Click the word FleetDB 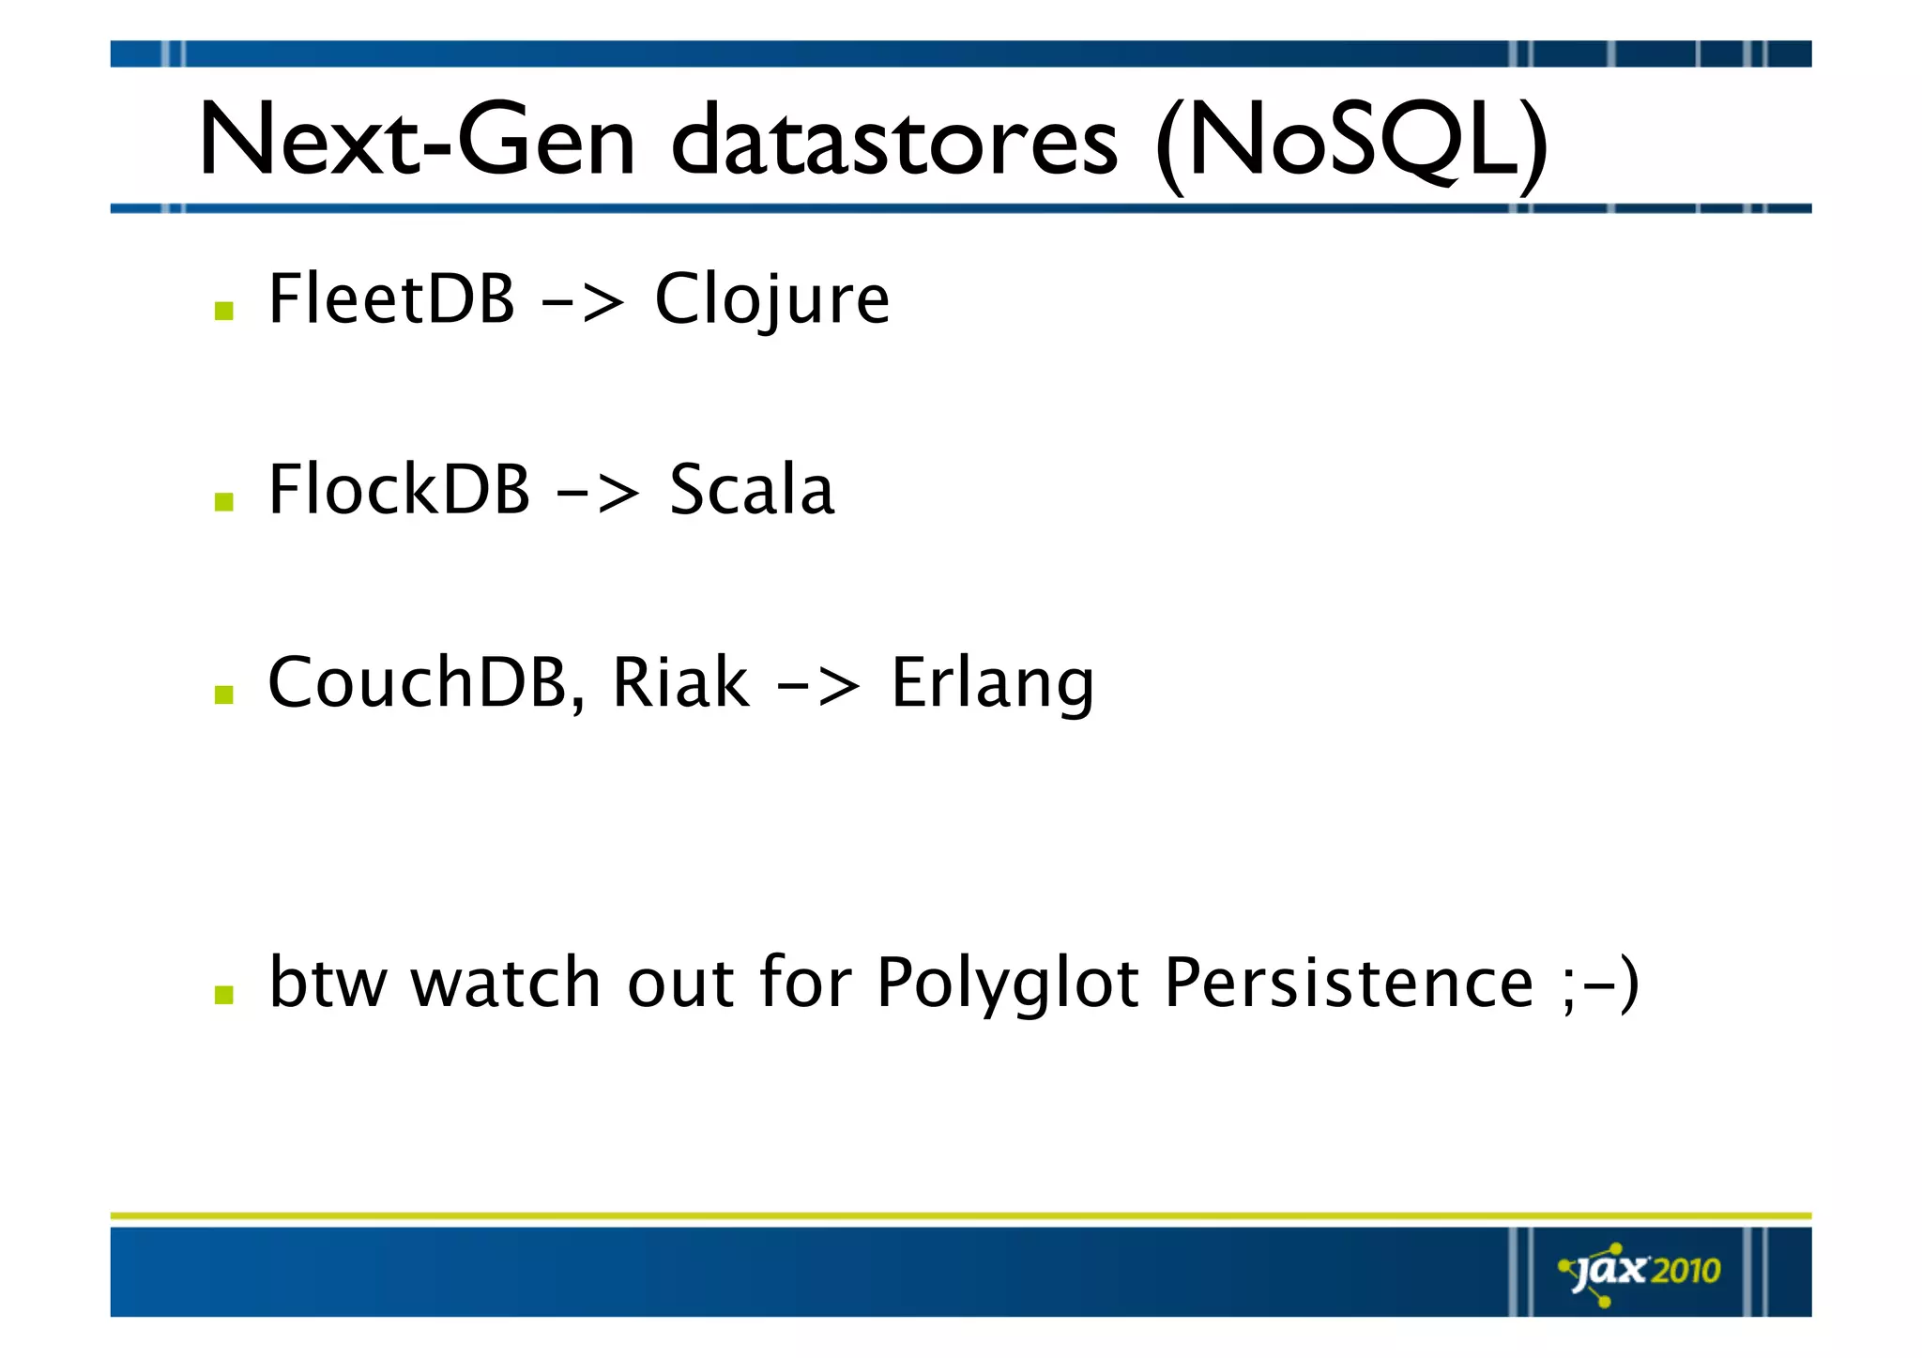(x=391, y=298)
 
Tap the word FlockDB (x=399, y=490)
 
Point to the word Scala (x=751, y=490)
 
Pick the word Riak (x=679, y=682)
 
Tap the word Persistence (x=1349, y=983)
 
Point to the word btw (x=327, y=983)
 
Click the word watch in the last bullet (x=507, y=983)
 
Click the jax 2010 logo (x=1640, y=1273)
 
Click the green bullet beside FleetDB (x=223, y=311)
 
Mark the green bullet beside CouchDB (x=223, y=694)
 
